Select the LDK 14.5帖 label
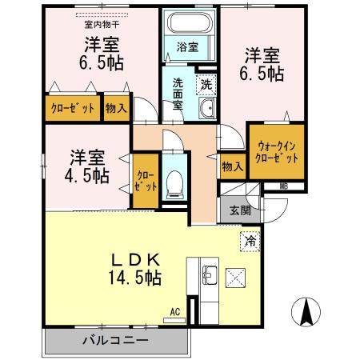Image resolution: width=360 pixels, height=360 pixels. (135, 270)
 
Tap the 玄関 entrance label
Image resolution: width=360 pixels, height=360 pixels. (240, 211)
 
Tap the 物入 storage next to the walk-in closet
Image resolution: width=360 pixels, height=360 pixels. (232, 166)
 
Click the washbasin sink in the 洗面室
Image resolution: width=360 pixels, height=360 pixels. (206, 110)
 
